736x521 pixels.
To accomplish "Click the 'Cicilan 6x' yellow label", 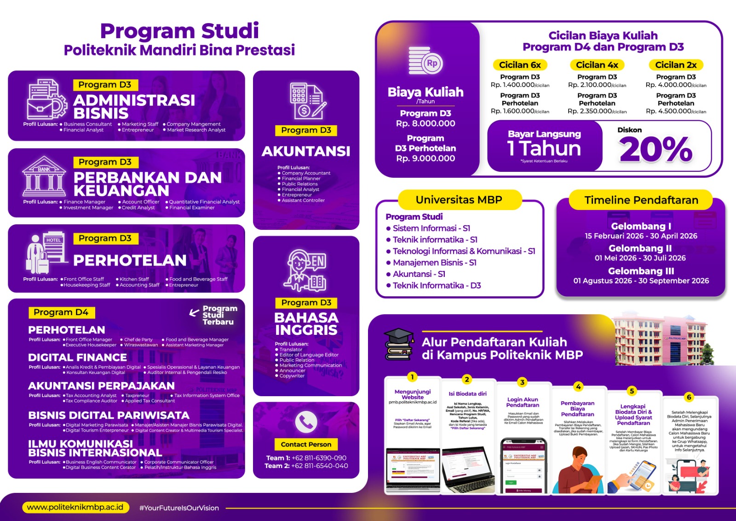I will click(x=520, y=65).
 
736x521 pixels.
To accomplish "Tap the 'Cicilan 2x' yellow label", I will click(x=676, y=65).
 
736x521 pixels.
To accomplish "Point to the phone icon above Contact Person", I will click(x=306, y=421).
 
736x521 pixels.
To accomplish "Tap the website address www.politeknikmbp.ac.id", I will click(x=75, y=507).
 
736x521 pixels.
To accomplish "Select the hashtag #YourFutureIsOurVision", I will click(x=179, y=508).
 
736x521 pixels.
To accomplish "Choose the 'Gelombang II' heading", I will click(x=640, y=248).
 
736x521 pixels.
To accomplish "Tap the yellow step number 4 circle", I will click(x=578, y=386).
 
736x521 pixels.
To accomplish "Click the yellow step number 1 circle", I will click(x=412, y=377).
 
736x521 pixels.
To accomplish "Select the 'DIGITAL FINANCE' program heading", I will click(x=77, y=357).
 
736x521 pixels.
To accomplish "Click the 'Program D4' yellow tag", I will click(x=61, y=312).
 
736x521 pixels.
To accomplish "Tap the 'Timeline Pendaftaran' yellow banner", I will click(x=641, y=200).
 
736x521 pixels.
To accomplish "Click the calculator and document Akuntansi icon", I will click(x=307, y=100).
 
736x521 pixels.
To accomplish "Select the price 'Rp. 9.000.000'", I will click(x=425, y=158).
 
